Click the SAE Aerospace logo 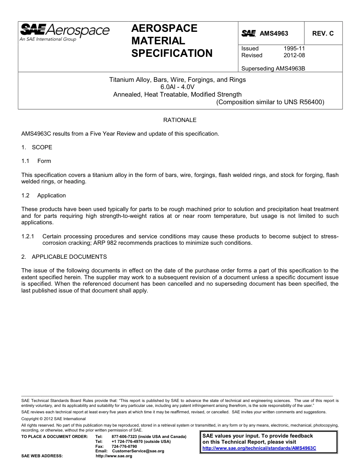pos(64,32)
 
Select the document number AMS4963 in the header pos(274,33)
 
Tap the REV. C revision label pos(323,33)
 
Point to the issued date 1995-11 pos(294,48)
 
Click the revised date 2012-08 pos(294,55)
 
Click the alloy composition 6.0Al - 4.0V pos(177,87)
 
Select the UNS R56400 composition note pos(270,102)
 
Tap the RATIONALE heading pos(180,120)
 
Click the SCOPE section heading pos(42,147)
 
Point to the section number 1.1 pos(25,161)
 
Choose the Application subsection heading pos(52,195)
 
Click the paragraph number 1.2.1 pos(28,236)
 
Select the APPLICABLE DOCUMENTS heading pos(69,257)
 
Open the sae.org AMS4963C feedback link pos(259,448)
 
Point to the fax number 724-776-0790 pos(124,446)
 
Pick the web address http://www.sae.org pos(114,456)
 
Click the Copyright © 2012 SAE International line pos(53,419)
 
